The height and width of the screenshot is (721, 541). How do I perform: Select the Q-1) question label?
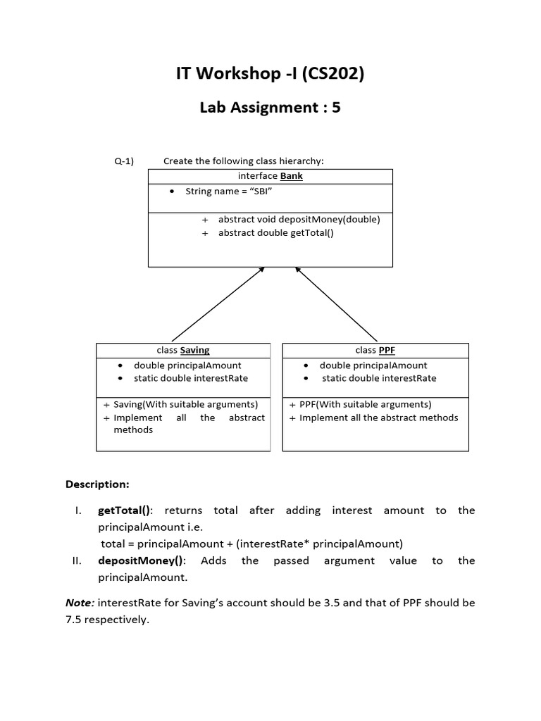pyautogui.click(x=124, y=161)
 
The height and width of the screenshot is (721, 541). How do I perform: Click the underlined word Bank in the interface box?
pyautogui.click(x=292, y=176)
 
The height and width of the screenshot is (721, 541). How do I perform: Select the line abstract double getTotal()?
pyautogui.click(x=276, y=232)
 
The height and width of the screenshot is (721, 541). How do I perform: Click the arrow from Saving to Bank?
pyautogui.click(x=218, y=304)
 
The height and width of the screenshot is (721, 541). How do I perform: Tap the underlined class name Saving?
pyautogui.click(x=194, y=350)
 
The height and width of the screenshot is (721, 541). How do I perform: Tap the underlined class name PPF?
pyautogui.click(x=387, y=350)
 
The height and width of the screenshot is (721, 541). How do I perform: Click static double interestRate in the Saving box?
pyautogui.click(x=191, y=378)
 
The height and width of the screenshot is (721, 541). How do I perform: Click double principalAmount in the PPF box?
pyautogui.click(x=373, y=365)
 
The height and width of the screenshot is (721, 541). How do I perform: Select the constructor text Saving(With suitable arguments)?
pyautogui.click(x=186, y=405)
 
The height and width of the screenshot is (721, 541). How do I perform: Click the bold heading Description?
pyautogui.click(x=97, y=484)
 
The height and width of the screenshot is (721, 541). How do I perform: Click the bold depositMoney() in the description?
pyautogui.click(x=140, y=561)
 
